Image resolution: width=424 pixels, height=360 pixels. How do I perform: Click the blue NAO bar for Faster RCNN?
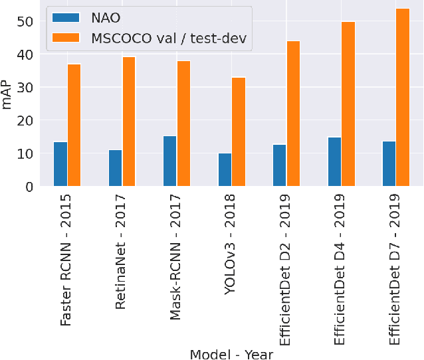60,164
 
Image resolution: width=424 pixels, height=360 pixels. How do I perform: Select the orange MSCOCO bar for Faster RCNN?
74,126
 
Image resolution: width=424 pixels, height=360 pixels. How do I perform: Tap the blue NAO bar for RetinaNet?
115,168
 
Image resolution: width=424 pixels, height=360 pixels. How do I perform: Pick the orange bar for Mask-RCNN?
183,124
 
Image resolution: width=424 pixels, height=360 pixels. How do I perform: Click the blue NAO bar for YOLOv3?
225,170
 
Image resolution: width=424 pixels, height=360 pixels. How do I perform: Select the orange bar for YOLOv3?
239,132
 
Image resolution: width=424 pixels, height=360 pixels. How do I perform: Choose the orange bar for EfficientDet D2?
293,114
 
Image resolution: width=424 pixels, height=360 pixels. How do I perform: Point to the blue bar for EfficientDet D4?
334,162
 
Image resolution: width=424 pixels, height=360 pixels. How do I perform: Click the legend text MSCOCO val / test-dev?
168,39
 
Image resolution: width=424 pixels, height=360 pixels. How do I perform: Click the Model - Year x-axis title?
231,353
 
